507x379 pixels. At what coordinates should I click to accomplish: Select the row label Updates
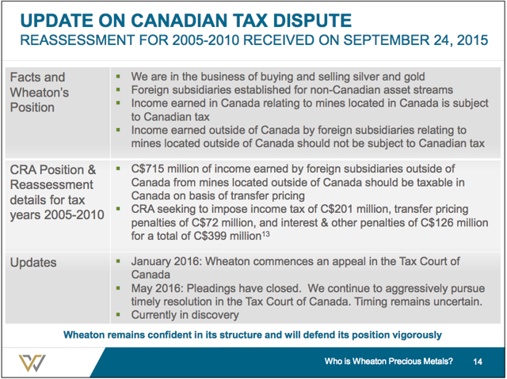33,263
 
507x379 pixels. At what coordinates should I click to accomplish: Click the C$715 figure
147,169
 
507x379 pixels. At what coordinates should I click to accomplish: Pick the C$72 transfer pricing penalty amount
205,222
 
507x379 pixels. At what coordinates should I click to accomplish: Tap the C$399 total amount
210,236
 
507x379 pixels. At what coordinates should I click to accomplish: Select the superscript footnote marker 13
265,233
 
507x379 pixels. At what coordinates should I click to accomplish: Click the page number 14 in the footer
478,362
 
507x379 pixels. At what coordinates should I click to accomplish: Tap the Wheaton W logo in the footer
32,363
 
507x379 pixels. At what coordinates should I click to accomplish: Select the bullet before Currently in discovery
118,314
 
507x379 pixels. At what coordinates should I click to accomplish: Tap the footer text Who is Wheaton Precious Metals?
389,362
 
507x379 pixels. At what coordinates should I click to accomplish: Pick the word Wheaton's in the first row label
40,93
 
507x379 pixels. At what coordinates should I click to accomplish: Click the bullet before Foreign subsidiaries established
118,89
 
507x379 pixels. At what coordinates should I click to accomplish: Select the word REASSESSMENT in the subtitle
78,40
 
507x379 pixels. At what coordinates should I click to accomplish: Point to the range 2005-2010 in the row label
74,214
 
